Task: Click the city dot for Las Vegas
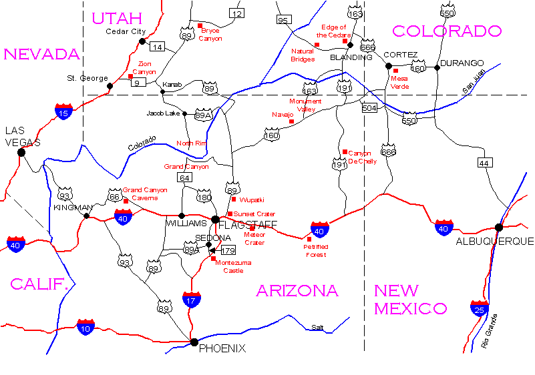click(x=21, y=152)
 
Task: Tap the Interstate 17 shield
click(x=192, y=299)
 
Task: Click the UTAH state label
click(x=117, y=18)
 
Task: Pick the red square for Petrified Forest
click(x=309, y=239)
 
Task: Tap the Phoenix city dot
click(x=194, y=342)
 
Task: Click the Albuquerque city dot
click(x=499, y=227)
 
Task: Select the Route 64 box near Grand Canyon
click(x=185, y=178)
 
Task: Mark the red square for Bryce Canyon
click(x=200, y=26)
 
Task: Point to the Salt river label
click(x=317, y=327)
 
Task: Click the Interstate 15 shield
click(x=64, y=112)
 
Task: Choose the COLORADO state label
click(x=446, y=31)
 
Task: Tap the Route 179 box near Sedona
click(x=228, y=250)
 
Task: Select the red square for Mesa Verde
click(x=395, y=71)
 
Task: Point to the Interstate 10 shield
click(x=85, y=326)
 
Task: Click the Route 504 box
click(x=369, y=107)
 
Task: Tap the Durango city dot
click(x=437, y=67)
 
